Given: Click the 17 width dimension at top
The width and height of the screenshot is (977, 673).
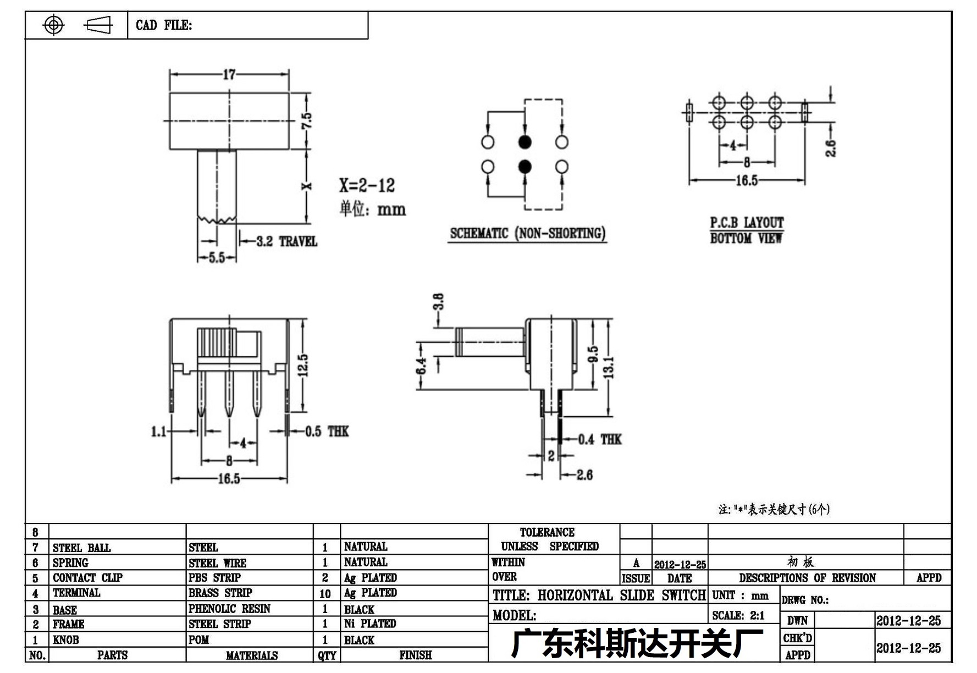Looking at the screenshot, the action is pos(229,74).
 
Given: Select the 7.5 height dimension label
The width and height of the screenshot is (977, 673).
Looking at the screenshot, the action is pos(306,121).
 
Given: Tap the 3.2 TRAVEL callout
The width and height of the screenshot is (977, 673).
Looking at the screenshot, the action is pos(286,241).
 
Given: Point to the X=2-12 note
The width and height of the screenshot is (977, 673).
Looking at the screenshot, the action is pos(367,185).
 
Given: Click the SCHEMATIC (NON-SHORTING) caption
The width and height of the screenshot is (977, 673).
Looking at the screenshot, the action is pos(528,233).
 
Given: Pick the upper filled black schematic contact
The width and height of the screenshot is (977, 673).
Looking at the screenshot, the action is pos(525,142).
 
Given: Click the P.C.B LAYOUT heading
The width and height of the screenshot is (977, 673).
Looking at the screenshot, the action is pos(747,223).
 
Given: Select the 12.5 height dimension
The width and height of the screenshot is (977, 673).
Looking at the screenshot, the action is pos(303,365).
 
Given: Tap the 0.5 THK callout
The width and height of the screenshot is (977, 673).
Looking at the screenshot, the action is pos(327,432).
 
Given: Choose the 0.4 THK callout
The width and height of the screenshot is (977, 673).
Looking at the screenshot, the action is pos(600,439).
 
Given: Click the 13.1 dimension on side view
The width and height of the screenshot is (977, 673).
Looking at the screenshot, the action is pos(608,367).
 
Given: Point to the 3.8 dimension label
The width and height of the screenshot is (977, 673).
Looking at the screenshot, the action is pos(438,302).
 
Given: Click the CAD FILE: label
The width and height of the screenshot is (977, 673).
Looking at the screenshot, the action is pos(164,25).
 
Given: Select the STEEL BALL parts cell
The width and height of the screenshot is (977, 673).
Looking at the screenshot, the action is pos(81,548).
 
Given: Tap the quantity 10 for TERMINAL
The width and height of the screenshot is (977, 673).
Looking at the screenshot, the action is pos(325,594).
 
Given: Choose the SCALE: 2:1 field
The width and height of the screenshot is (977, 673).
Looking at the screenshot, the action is pos(738,616).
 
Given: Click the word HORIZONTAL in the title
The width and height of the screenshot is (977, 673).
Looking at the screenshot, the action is pos(575,595).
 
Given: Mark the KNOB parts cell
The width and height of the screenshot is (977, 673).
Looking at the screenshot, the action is pos(65,640).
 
